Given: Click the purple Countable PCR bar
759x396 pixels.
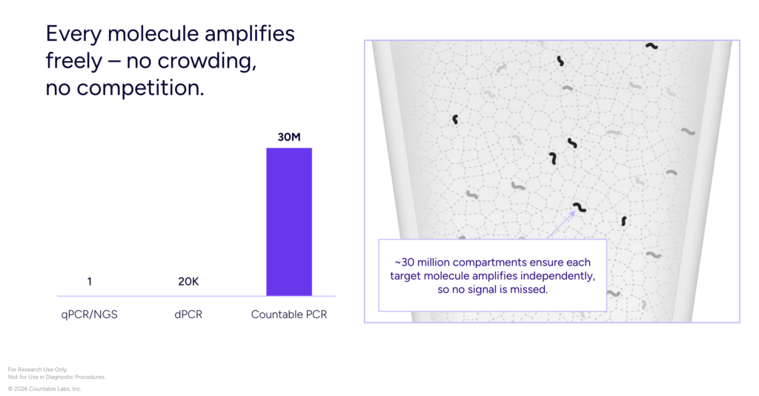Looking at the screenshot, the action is click(289, 222).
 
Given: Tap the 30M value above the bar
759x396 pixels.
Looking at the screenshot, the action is click(289, 137).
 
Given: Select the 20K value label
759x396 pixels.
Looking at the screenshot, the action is click(188, 281).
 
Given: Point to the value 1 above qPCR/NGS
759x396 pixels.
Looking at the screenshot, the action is click(90, 281).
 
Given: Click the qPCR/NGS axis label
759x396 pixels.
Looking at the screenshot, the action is click(89, 314).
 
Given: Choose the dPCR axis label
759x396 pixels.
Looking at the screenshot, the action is click(188, 314).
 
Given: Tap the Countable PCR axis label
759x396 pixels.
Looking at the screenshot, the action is click(289, 314).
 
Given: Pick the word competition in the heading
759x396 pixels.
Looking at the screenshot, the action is click(140, 88).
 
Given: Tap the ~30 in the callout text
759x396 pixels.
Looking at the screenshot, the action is click(404, 263).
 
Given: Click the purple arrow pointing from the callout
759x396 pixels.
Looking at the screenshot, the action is click(561, 225).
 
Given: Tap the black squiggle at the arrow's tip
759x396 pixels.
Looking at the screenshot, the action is click(580, 208).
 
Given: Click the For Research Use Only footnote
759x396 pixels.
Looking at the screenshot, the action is click(38, 369).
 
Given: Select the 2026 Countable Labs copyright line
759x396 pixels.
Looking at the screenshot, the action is click(44, 389).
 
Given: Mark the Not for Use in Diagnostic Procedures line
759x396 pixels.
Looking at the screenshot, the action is click(56, 377).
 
